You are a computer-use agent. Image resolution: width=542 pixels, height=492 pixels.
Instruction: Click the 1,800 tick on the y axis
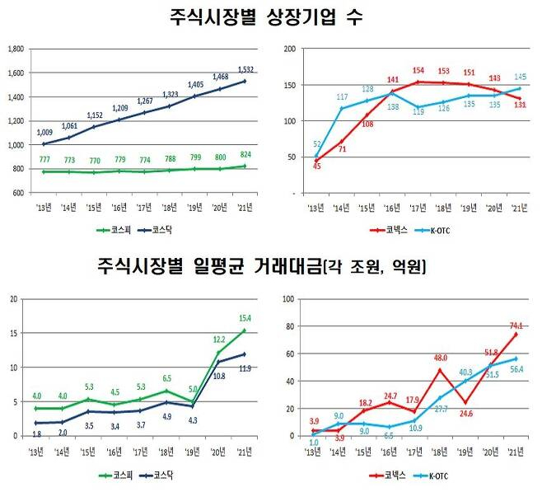14,49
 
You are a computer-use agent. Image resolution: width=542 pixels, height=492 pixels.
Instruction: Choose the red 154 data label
418,71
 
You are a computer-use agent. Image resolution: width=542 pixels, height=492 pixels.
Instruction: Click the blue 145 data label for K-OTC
520,77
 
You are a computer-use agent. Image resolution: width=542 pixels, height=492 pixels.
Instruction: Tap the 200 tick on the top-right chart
290,49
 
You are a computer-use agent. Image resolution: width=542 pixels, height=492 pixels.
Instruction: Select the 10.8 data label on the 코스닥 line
220,375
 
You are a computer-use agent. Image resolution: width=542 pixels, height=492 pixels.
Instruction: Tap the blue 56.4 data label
517,368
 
